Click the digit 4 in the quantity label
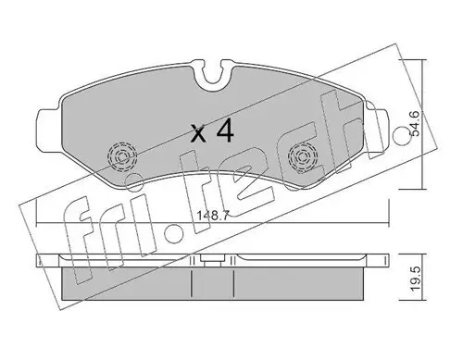pyautogui.click(x=223, y=131)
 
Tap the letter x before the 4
pyautogui.click(x=197, y=133)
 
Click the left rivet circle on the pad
pyautogui.click(x=119, y=156)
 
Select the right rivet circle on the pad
pyautogui.click(x=300, y=156)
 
